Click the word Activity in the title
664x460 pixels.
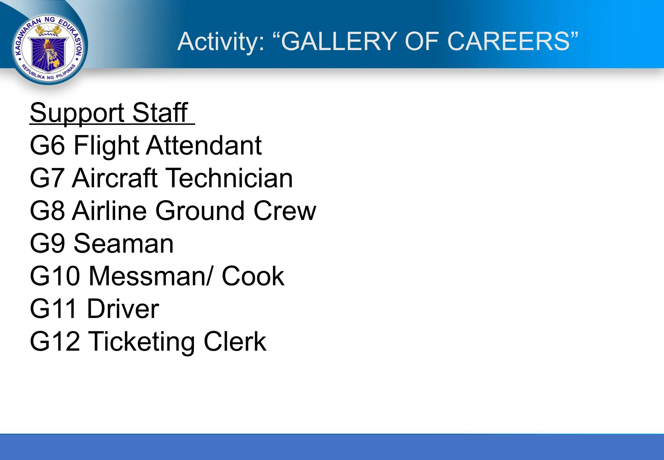[x=221, y=42]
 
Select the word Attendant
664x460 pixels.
[x=204, y=145]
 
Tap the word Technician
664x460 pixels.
[x=230, y=178]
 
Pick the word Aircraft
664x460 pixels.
[x=115, y=178]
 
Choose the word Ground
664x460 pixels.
[x=200, y=211]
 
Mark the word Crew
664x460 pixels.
[x=285, y=211]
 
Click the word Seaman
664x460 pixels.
[x=124, y=244]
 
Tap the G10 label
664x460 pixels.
[x=55, y=276]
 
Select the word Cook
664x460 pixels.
[x=253, y=276]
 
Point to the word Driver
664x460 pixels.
[x=123, y=309]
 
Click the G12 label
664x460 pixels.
[x=55, y=342]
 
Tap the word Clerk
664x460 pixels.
[x=235, y=342]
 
